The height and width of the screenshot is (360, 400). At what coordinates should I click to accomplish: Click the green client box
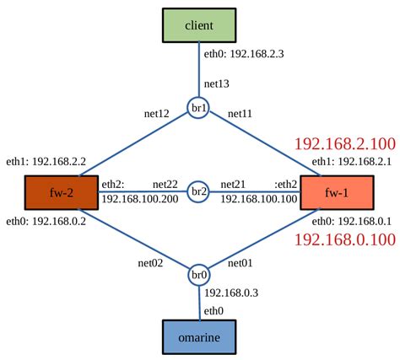point(199,25)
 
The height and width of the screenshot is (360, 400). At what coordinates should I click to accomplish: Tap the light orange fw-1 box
point(335,192)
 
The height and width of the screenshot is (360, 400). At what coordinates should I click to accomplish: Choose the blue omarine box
point(199,336)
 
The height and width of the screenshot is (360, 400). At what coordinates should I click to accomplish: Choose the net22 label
point(165,183)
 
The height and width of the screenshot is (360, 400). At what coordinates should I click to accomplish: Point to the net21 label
point(234,183)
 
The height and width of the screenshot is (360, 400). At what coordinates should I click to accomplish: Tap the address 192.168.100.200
point(138,199)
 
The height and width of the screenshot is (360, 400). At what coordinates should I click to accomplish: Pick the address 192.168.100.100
point(259,199)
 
